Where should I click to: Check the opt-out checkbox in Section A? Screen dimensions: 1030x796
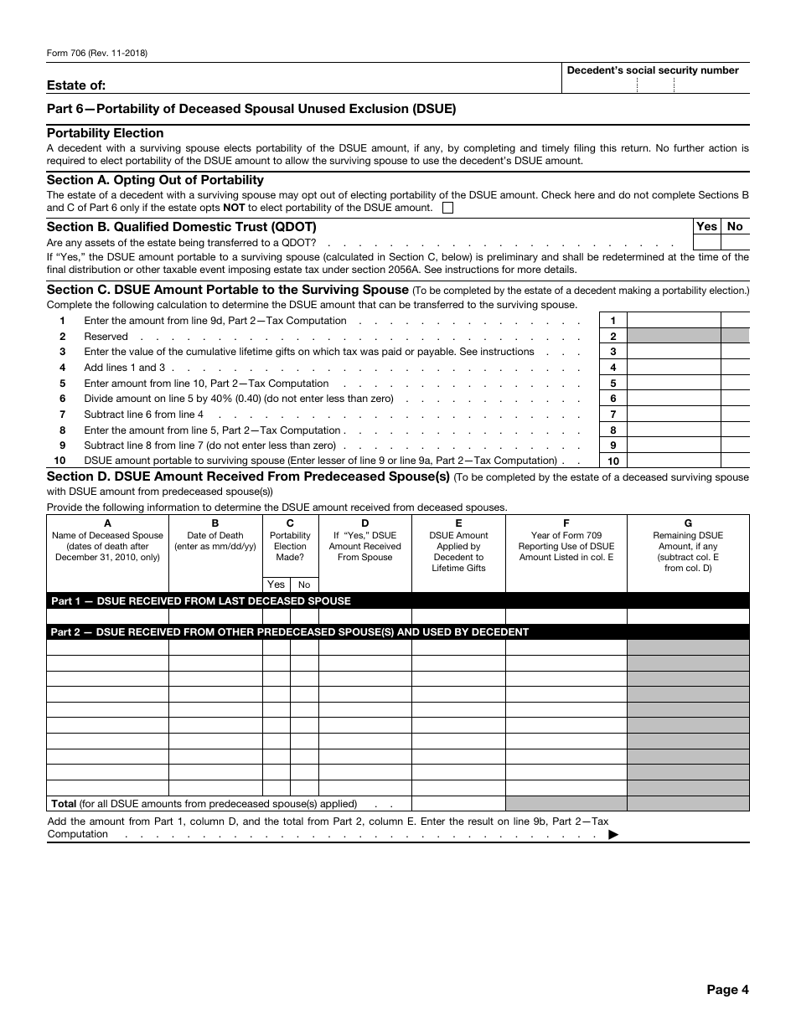click(x=447, y=208)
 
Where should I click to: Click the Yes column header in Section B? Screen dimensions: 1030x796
click(x=707, y=226)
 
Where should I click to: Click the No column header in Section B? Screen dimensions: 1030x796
click(x=735, y=226)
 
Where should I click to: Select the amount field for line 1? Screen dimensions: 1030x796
click(x=674, y=321)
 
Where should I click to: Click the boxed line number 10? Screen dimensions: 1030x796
click(x=613, y=461)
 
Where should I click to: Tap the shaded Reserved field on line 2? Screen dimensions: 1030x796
click(x=674, y=337)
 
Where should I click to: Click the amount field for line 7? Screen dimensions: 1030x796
click(x=674, y=415)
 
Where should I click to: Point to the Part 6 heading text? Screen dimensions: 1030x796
click(x=251, y=109)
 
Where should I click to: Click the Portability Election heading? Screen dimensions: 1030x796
click(x=105, y=133)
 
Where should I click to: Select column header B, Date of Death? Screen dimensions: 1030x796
click(x=215, y=541)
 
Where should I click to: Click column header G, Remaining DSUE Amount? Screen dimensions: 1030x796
click(x=688, y=546)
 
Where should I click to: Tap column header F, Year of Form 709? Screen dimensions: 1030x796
click(x=566, y=541)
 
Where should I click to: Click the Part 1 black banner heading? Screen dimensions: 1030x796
click(x=201, y=600)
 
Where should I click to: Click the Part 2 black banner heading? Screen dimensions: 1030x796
click(x=289, y=632)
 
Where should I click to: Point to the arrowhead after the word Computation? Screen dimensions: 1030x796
click(x=613, y=834)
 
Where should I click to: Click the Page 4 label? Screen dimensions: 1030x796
click(x=727, y=990)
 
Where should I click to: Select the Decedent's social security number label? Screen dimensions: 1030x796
click(x=653, y=70)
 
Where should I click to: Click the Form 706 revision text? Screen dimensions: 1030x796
click(x=97, y=53)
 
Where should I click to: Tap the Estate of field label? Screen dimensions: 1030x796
click(x=76, y=85)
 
